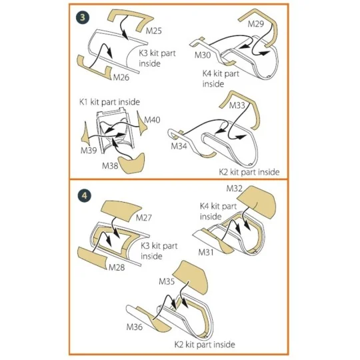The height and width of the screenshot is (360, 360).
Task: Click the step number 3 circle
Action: [x=83, y=18]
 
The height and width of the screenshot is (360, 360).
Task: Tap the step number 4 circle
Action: [x=84, y=195]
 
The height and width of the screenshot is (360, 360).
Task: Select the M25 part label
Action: [x=153, y=31]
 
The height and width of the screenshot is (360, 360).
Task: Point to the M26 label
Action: [x=121, y=77]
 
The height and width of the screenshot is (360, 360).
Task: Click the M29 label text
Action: [x=256, y=23]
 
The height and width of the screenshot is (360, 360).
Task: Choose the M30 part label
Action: [x=203, y=55]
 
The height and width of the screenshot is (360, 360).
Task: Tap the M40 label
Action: [x=152, y=119]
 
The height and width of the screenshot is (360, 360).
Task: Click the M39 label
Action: [x=89, y=151]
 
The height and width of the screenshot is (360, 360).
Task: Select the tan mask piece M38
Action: [x=132, y=163]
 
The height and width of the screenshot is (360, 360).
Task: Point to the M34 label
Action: [x=179, y=146]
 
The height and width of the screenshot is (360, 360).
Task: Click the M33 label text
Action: [x=237, y=105]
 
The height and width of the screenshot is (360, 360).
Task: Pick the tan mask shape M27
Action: [x=121, y=211]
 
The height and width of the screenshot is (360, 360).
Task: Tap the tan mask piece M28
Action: [x=93, y=257]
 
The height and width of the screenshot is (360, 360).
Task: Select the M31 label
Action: [x=206, y=252]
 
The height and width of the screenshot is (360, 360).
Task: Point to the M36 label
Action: [x=134, y=327]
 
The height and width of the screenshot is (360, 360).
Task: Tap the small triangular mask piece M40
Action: [x=141, y=124]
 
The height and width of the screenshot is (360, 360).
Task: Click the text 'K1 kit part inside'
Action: [x=109, y=102]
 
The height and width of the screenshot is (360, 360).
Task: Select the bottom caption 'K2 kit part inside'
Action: [x=205, y=345]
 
